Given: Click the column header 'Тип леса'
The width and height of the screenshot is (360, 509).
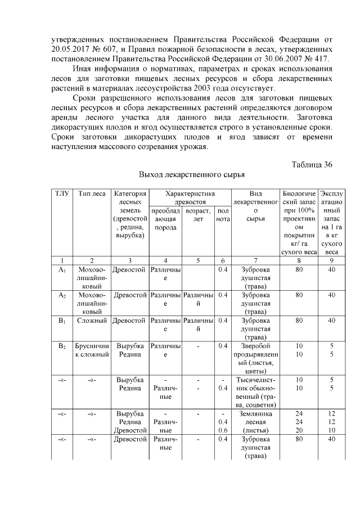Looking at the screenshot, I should click(x=91, y=193).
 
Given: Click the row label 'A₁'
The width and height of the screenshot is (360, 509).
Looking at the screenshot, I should click(x=62, y=270).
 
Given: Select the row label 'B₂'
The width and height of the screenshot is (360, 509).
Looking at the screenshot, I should click(x=62, y=346).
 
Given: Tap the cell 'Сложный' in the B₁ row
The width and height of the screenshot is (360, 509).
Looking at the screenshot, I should click(x=91, y=321).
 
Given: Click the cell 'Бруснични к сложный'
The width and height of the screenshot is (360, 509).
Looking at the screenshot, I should click(x=91, y=350).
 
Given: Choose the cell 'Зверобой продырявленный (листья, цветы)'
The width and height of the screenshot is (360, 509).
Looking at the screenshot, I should click(x=255, y=358).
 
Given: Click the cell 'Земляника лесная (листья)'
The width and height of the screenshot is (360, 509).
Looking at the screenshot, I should click(x=255, y=422).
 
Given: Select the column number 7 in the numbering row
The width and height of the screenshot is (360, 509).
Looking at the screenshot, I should click(x=255, y=260).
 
